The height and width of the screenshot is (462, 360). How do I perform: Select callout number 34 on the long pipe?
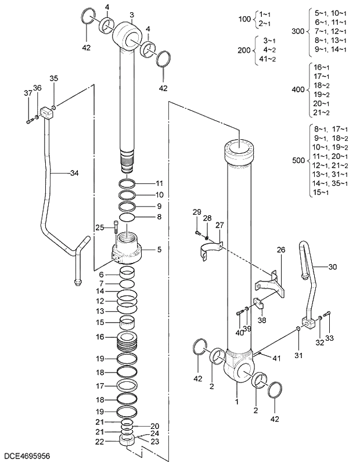click(x=74, y=173)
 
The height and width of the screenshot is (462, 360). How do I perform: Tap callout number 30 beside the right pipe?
click(x=332, y=267)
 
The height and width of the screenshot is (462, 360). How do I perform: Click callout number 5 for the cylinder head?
click(x=159, y=250)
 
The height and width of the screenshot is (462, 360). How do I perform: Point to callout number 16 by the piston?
click(x=100, y=337)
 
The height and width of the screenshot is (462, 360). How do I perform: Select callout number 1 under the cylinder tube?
click(x=236, y=400)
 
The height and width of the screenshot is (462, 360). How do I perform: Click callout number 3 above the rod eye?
click(x=132, y=15)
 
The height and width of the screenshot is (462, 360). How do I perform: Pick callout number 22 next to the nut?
click(x=100, y=442)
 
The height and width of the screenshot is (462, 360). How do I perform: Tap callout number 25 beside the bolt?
click(x=100, y=227)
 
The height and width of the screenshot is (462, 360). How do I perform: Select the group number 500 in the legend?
click(x=298, y=160)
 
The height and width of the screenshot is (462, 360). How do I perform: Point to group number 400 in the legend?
click(x=298, y=90)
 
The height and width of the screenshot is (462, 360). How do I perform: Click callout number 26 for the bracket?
click(x=281, y=250)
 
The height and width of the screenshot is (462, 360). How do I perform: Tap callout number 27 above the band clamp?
click(x=219, y=225)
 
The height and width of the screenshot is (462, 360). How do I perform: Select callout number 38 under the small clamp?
click(x=262, y=319)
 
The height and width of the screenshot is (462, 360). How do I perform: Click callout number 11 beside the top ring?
click(x=160, y=183)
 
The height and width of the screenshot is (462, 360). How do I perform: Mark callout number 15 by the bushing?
click(x=100, y=322)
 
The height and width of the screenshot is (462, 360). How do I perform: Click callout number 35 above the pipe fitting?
click(x=53, y=78)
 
